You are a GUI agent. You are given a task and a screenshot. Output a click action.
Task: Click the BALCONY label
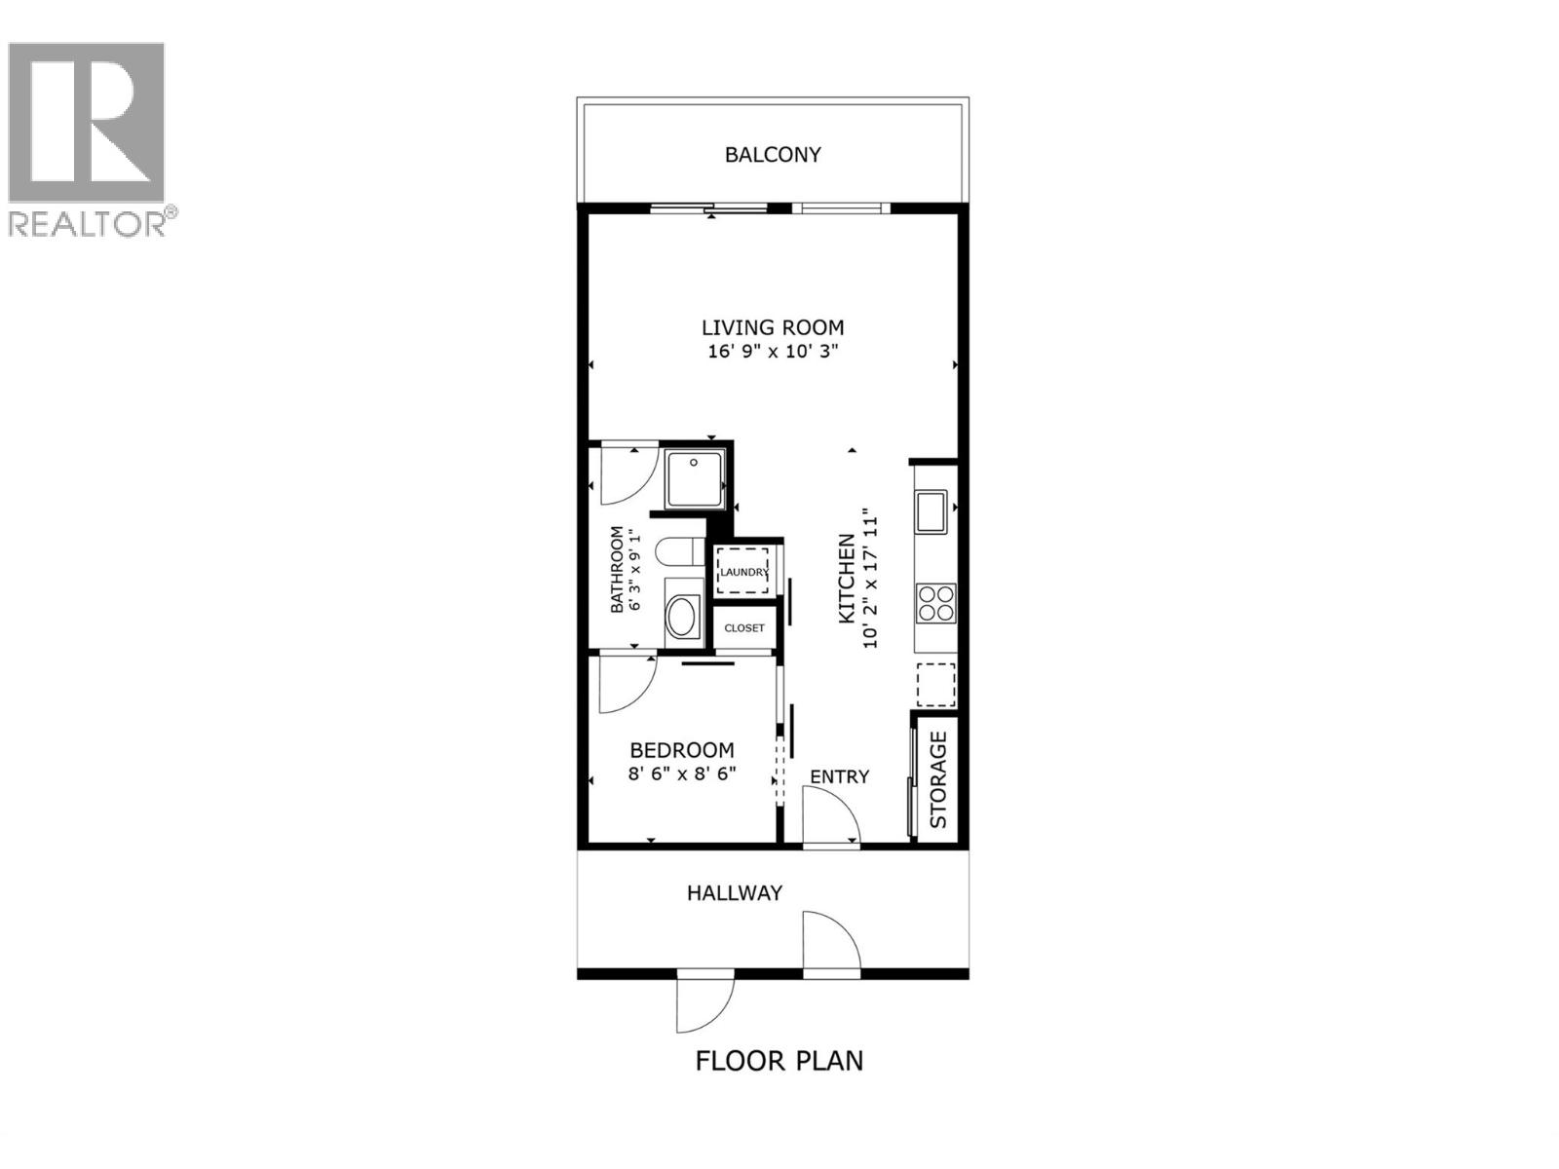coord(773,155)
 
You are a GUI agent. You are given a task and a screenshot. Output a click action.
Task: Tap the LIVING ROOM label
coord(773,327)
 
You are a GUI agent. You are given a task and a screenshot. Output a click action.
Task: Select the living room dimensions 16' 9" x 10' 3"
coord(773,352)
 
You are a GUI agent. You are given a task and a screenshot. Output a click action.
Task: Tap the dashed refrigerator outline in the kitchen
coord(935,684)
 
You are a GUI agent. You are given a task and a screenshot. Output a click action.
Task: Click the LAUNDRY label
coord(743,572)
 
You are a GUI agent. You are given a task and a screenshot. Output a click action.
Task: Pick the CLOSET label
coord(744,628)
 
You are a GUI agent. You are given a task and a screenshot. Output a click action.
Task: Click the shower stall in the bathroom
coord(695,478)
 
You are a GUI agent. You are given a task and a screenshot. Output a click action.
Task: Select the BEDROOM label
coord(682,750)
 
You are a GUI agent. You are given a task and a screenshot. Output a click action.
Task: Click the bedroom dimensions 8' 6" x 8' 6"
coord(682,774)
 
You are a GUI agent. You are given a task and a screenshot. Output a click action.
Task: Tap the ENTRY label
coord(839,776)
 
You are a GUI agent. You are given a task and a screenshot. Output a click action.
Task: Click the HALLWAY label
coord(735,893)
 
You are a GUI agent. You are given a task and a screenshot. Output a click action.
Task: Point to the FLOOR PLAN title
coord(779,1060)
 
